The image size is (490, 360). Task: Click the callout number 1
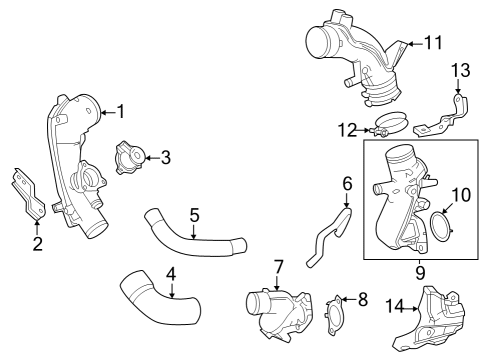[x=121, y=111]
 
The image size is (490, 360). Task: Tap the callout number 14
[x=394, y=306]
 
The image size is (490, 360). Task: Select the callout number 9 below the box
[x=420, y=273]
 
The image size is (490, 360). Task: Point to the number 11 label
[x=433, y=43]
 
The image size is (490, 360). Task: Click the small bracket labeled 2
[x=28, y=194]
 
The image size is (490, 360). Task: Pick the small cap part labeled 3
[x=131, y=157]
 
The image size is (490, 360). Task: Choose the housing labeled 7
[x=280, y=313]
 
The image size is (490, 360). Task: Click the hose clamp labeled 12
[x=390, y=124]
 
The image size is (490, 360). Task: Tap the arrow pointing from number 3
[x=152, y=158]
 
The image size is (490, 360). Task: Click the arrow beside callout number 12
[x=363, y=130]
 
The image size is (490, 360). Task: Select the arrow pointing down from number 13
[x=458, y=86]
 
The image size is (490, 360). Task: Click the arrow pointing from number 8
[x=349, y=299]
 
